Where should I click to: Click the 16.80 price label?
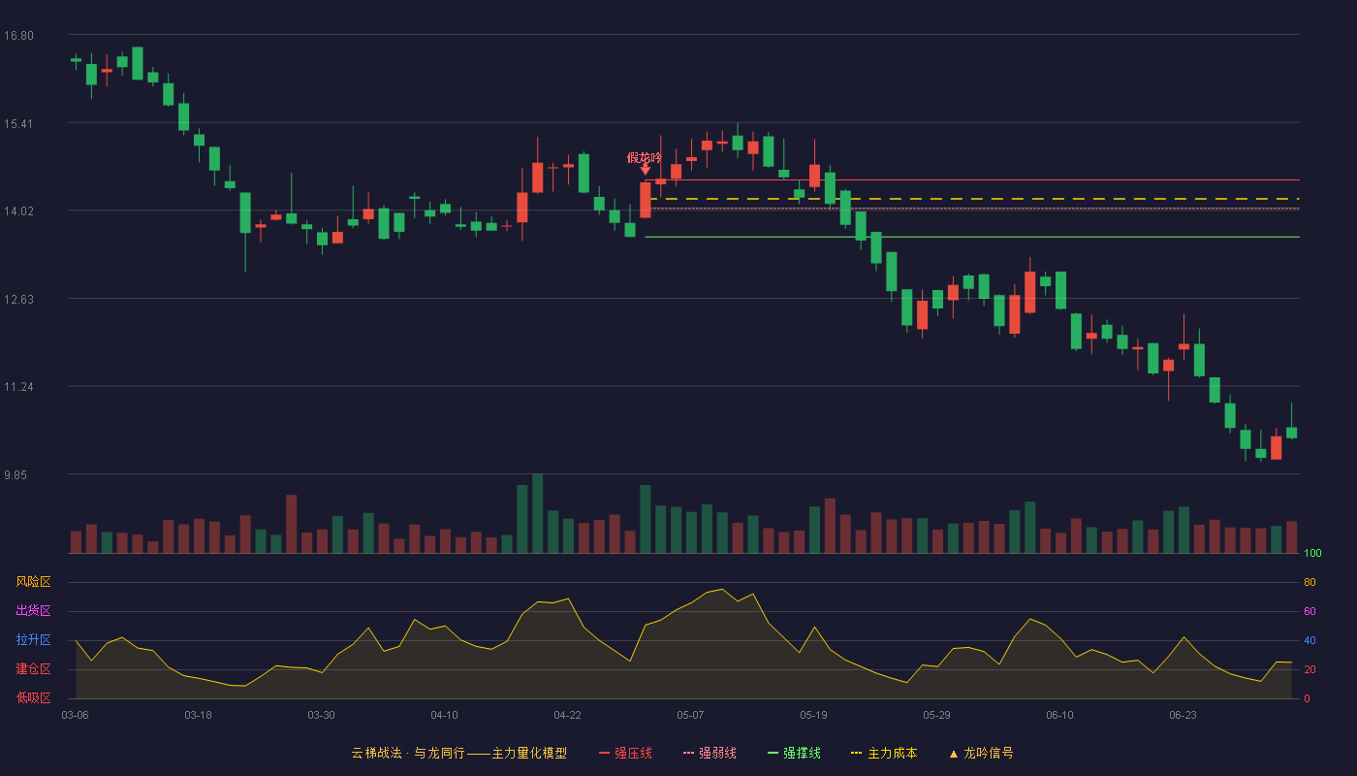18,36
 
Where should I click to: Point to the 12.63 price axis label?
18,300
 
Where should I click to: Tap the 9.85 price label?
16,474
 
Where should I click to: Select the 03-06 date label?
76,716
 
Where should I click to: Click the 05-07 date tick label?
690,716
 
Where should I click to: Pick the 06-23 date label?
1183,716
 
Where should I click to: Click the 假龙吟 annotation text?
644,157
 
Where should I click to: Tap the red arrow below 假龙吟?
646,169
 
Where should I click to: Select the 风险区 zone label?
33,582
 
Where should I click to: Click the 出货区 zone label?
33,610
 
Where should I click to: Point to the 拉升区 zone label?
33,639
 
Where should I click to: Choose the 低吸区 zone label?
33,697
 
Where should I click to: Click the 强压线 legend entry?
625,753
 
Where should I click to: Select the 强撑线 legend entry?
794,753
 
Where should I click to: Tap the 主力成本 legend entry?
884,753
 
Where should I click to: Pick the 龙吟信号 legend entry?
981,753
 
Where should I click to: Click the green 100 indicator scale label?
1312,553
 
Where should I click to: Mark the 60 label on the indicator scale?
1310,611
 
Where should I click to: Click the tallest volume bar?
537,513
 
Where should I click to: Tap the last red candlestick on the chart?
1277,447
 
